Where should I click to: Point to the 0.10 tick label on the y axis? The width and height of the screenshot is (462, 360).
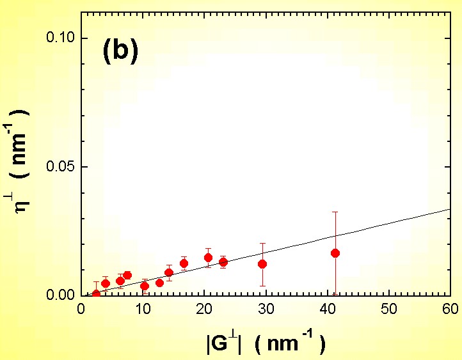coord(61,38)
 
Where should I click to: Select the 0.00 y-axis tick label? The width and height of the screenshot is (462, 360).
coord(61,295)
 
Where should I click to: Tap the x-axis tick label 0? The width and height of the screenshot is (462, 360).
coord(81,309)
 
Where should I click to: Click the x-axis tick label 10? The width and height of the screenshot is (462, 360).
coord(143,309)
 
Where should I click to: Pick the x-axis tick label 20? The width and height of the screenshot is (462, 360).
coord(204,309)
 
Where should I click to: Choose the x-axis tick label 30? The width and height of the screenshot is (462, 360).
coord(266,309)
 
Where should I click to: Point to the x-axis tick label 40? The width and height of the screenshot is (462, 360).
coord(327,309)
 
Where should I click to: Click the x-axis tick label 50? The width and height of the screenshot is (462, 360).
coord(388,309)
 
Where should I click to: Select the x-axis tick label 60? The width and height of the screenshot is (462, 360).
coord(450,309)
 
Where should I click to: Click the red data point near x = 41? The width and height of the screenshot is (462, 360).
coord(335,253)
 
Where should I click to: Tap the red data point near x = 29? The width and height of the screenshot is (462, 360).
coord(262,264)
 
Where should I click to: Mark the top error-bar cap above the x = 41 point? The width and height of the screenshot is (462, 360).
coord(335,212)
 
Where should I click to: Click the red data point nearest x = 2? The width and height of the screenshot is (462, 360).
coord(96,293)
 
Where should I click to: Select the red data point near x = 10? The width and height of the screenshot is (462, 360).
coord(144,286)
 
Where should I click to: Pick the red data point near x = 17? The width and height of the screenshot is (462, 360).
coord(184,263)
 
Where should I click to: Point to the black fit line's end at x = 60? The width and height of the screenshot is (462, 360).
coord(450,209)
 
